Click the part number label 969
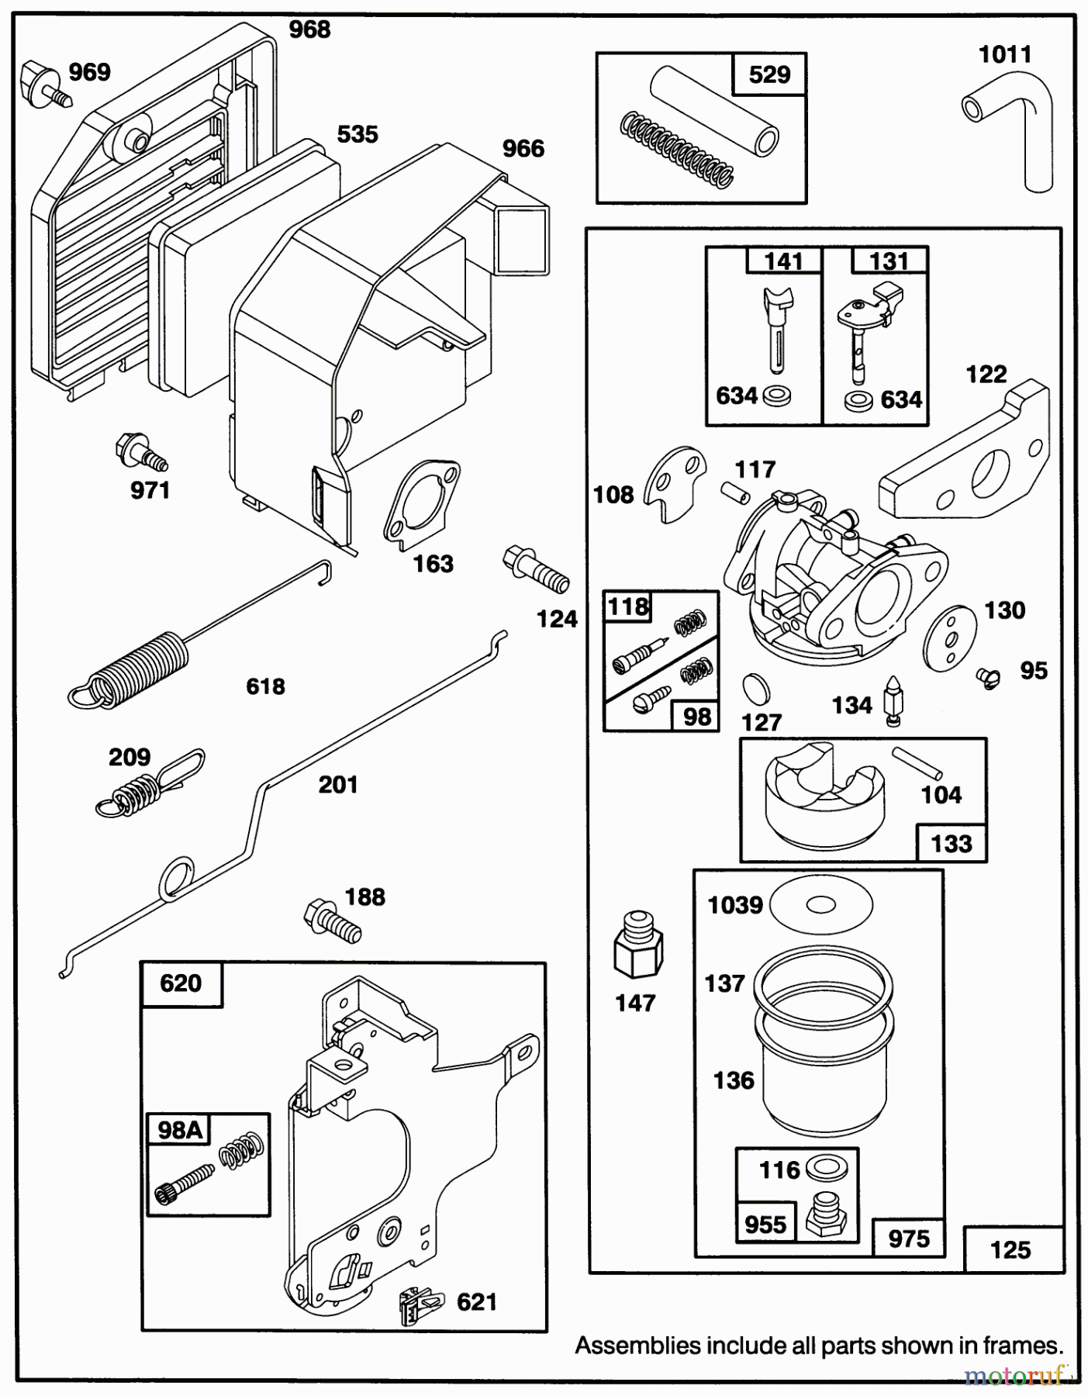[89, 72]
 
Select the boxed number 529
[769, 74]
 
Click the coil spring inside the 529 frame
[676, 150]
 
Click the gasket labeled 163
[421, 502]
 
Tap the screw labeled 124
[536, 570]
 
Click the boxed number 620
[181, 983]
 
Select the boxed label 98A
[180, 1130]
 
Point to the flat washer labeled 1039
[821, 904]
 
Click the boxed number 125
[1010, 1249]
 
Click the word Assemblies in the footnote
[637, 1346]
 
